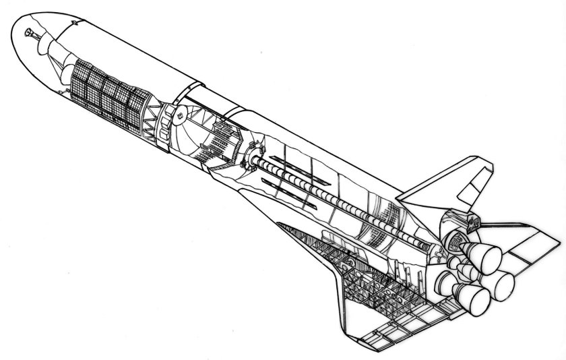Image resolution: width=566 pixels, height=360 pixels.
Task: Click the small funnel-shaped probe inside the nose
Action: pyautogui.click(x=30, y=33)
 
